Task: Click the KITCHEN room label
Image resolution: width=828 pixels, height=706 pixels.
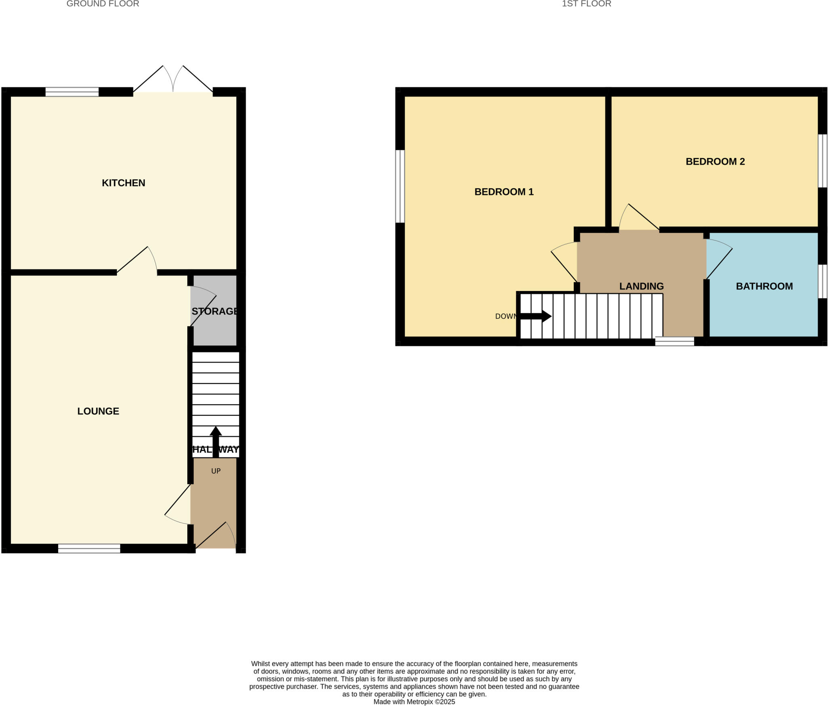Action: coord(123,183)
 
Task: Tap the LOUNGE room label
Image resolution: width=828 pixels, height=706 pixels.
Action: coord(98,411)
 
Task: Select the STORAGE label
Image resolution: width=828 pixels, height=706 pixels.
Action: coord(215,311)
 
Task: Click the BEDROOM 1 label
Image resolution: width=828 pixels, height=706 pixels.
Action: coord(504,192)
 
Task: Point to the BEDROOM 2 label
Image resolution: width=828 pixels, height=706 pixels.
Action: coord(715,162)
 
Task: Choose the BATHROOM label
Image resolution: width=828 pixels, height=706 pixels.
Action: coord(764,286)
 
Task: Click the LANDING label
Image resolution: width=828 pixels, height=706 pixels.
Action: coord(641,286)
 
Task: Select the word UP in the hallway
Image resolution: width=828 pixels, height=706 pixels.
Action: coord(216,471)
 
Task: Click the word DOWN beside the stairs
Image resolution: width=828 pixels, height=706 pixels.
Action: coord(505,316)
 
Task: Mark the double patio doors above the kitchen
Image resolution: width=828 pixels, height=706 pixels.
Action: coord(173,81)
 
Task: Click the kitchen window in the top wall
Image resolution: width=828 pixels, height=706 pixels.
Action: coord(72,92)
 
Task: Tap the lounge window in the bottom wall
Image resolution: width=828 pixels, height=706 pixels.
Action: coord(89,548)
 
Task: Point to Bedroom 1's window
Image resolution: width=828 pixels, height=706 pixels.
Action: coord(400,186)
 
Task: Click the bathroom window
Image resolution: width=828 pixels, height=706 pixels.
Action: coord(822,281)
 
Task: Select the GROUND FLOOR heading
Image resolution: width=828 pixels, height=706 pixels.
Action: coord(103,4)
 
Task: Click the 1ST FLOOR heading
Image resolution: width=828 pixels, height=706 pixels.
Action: coord(586,4)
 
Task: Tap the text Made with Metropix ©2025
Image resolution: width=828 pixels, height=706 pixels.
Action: coord(414,702)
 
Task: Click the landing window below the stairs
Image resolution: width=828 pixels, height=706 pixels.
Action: coord(674,341)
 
